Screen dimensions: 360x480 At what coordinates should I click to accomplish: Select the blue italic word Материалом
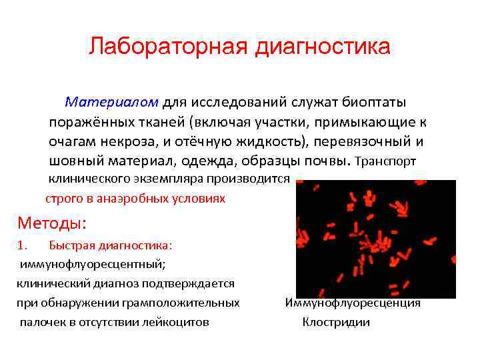click(x=111, y=102)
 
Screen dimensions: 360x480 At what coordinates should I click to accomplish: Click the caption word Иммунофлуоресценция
click(x=353, y=303)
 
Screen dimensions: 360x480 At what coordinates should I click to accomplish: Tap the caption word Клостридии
click(x=336, y=323)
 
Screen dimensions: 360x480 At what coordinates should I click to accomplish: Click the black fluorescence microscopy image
click(x=375, y=239)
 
